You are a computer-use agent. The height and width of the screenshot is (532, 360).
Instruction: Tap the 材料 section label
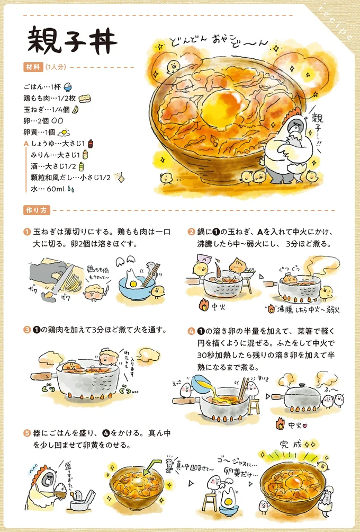[x=33, y=67]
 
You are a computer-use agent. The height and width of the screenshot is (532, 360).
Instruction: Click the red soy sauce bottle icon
[x=91, y=143]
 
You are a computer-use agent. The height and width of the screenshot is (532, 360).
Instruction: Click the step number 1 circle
[x=27, y=232]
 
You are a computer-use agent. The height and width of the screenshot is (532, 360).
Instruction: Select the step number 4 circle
[x=191, y=331]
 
